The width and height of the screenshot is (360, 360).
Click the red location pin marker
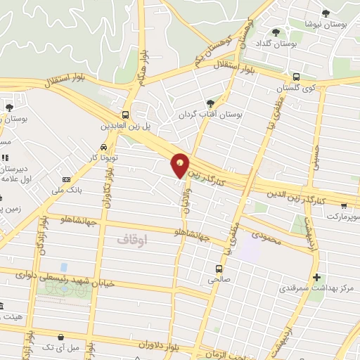click(x=181, y=165)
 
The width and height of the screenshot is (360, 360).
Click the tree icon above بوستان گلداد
click(x=276, y=32)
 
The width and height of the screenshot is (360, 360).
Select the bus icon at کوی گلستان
click(x=296, y=77)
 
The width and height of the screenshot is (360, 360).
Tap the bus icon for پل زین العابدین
click(x=125, y=115)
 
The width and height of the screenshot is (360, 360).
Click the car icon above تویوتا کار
click(x=104, y=148)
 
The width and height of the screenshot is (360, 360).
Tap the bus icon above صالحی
click(x=219, y=269)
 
